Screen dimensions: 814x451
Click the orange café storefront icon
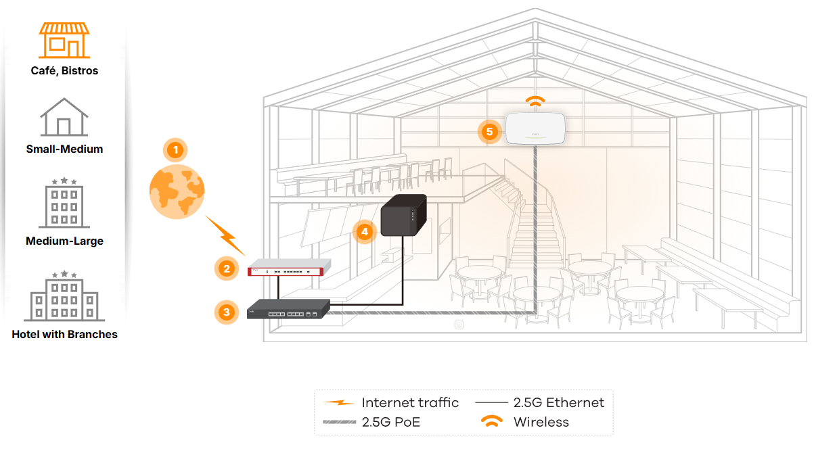[64, 40]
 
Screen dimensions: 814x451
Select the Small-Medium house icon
[64, 117]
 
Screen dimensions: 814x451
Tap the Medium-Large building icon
[64, 203]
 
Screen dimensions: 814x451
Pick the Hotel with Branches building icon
[64, 295]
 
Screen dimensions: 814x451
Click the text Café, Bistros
[64, 70]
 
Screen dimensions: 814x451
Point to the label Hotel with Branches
[64, 334]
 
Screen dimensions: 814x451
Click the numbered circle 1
[175, 150]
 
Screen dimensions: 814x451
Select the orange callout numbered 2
[227, 268]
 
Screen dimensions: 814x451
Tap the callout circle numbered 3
[227, 312]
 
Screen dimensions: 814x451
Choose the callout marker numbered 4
[365, 232]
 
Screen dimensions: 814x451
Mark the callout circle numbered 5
[489, 131]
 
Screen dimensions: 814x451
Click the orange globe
[177, 192]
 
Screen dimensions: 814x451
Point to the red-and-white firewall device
[289, 268]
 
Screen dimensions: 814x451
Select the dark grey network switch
[288, 310]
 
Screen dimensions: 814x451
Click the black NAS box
[404, 215]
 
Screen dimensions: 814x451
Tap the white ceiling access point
[535, 128]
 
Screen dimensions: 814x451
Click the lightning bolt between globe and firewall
[225, 236]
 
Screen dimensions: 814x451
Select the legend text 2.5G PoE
[391, 422]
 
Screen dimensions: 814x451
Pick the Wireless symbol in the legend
[492, 420]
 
